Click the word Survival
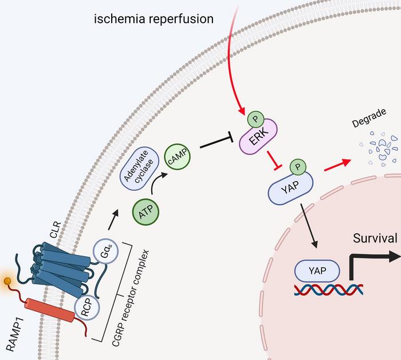pos(375,238)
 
